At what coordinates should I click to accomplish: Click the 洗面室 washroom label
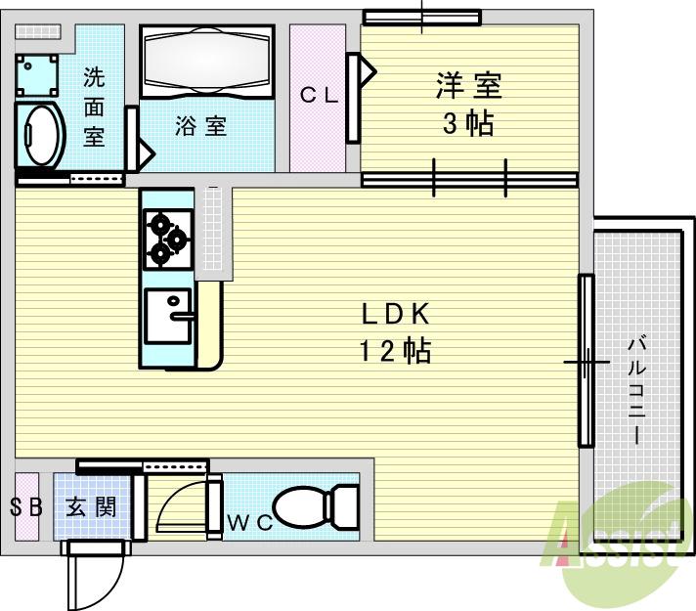click(x=94, y=106)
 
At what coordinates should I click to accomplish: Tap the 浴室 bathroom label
click(x=201, y=126)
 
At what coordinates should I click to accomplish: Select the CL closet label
click(x=318, y=95)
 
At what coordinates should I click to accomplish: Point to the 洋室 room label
click(x=468, y=87)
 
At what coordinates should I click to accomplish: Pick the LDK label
click(x=396, y=314)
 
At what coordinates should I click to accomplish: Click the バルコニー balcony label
click(x=636, y=391)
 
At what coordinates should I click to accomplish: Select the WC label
click(x=249, y=522)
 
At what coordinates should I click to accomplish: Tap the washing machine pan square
click(x=38, y=75)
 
